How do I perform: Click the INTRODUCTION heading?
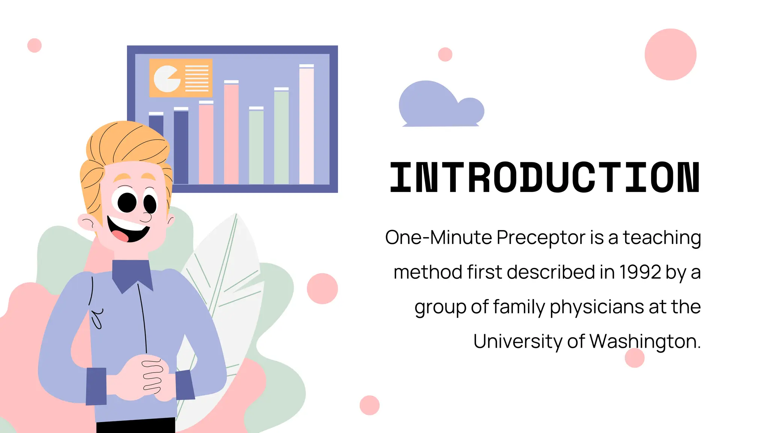544,177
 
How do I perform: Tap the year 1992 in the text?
640,272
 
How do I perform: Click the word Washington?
644,342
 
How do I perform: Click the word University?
518,341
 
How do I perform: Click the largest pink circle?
670,55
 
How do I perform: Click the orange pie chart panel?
181,78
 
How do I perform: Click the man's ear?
86,222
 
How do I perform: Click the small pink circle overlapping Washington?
635,358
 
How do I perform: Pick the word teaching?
662,238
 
